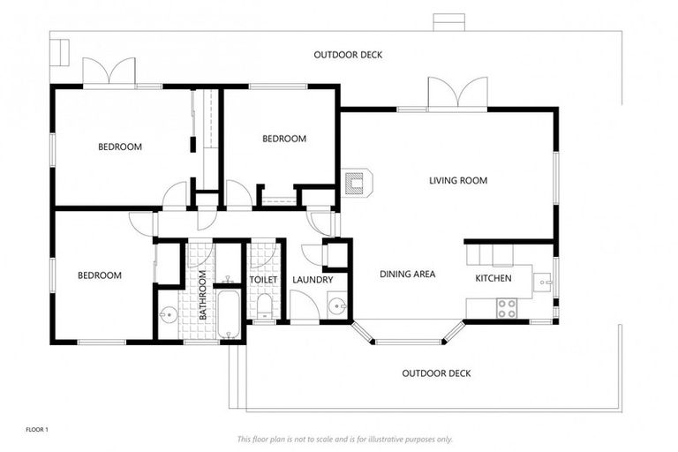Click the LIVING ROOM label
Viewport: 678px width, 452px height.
click(457, 181)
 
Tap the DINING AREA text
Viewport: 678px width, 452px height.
click(407, 275)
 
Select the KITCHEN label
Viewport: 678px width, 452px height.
click(493, 278)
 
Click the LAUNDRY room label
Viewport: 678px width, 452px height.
click(312, 280)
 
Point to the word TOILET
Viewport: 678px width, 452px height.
click(263, 280)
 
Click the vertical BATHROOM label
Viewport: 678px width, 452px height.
click(202, 295)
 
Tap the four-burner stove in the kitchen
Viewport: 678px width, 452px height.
click(507, 308)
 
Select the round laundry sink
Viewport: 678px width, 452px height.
click(336, 307)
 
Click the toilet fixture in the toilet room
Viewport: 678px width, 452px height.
click(263, 306)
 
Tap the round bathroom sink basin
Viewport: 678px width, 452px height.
click(168, 313)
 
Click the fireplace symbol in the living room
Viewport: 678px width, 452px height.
click(358, 182)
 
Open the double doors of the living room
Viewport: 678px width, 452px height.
click(456, 94)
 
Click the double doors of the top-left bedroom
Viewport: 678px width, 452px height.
click(109, 73)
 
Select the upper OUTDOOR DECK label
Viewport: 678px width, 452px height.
click(348, 55)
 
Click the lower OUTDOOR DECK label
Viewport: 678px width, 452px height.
click(436, 373)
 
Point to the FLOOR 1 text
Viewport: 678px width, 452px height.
click(37, 429)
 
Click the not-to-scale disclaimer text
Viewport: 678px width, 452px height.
click(344, 439)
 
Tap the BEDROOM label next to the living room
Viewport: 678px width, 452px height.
click(284, 139)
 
